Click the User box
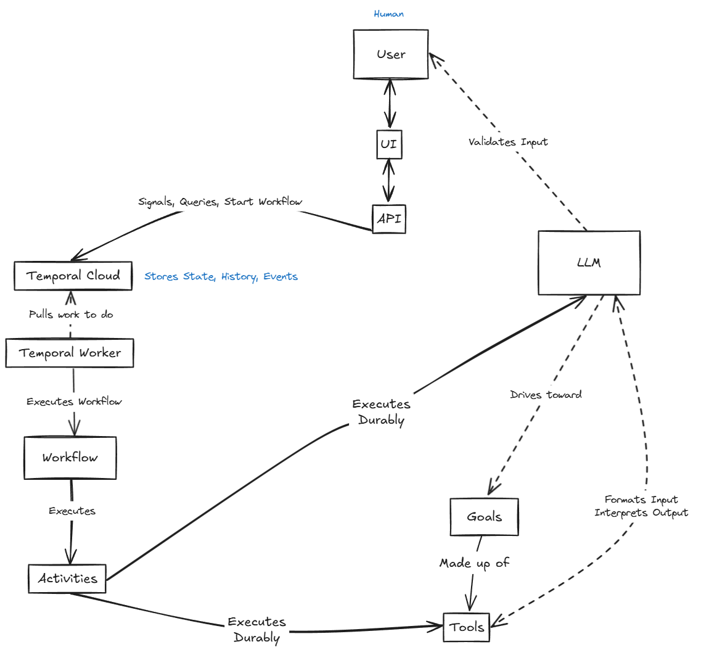pos(391,54)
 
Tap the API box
pos(389,219)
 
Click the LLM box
pos(589,263)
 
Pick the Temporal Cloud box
pos(73,276)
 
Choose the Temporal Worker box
pos(70,353)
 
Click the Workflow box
pos(70,458)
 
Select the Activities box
pos(67,579)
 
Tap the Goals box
pos(484,517)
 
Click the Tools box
pos(467,627)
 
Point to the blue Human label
pos(389,14)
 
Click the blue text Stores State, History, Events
pos(221,276)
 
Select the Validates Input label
pos(508,142)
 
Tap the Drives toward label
pos(546,395)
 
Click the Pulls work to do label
pos(71,315)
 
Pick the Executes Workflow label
pos(74,402)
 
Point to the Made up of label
pos(474,563)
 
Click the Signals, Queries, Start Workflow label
pos(220,202)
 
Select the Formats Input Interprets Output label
pos(641,506)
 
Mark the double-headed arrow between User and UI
pos(390,104)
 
